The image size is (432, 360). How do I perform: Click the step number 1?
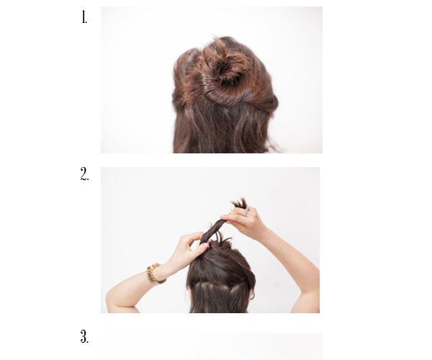pyautogui.click(x=84, y=17)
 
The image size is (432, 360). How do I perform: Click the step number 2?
pyautogui.click(x=84, y=174)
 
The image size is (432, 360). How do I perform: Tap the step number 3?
pyautogui.click(x=84, y=336)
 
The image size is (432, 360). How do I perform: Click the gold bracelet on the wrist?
pyautogui.click(x=155, y=274)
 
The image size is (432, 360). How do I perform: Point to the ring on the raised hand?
pyautogui.click(x=246, y=212)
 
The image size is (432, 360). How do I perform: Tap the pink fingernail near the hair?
pyautogui.click(x=204, y=246)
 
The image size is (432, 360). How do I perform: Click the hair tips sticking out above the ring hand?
pyautogui.click(x=239, y=202)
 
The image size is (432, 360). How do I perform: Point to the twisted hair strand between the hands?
pyautogui.click(x=214, y=230)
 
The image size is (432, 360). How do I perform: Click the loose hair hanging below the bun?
pyautogui.click(x=220, y=130)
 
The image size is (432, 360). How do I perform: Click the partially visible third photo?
pyautogui.click(x=212, y=346)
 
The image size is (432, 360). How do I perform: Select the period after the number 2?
pyautogui.click(x=88, y=180)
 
